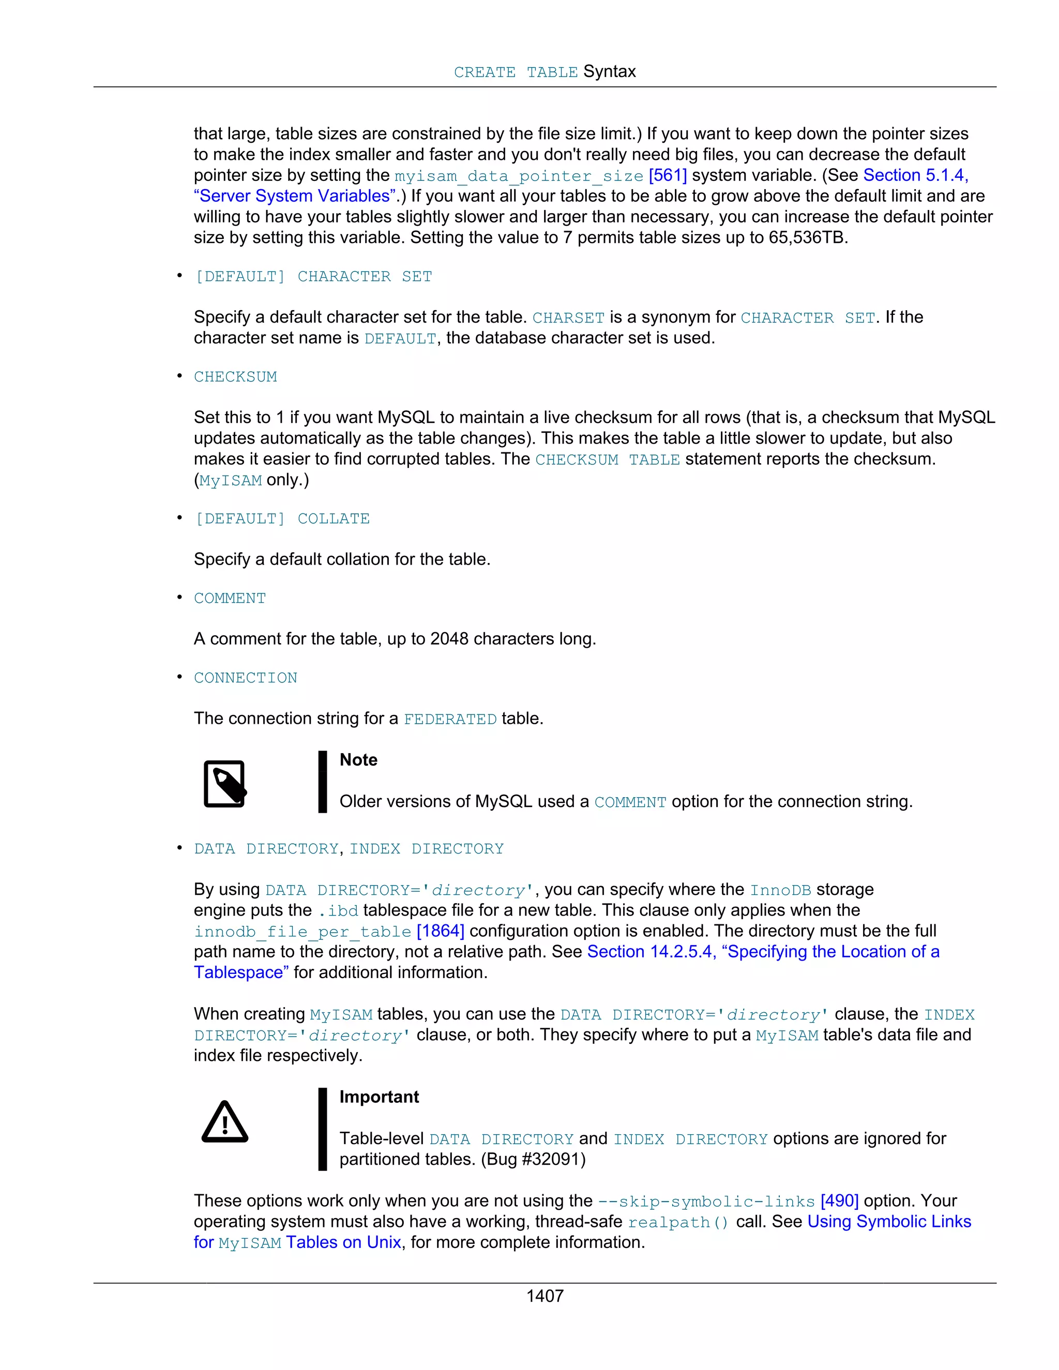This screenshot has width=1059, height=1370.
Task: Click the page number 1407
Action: coord(544,1296)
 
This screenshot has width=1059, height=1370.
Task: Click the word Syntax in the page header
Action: coord(609,71)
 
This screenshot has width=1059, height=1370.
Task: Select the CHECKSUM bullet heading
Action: coord(235,377)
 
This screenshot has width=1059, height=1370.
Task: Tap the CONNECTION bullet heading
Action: coord(245,678)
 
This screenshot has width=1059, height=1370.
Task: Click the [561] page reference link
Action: coord(668,176)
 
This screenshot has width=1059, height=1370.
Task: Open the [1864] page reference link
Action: coord(441,932)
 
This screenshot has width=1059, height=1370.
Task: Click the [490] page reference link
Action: coord(839,1201)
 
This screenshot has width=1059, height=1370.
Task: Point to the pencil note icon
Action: coord(224,784)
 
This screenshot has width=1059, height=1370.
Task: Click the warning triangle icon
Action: coord(224,1122)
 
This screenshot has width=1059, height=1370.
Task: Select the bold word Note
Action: coord(358,760)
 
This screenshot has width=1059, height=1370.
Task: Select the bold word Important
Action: coord(379,1097)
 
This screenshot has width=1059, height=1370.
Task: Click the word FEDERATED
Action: coord(450,720)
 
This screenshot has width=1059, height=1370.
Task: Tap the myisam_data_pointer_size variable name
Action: coord(518,176)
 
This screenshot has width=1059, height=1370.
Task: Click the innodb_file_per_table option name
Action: coord(302,932)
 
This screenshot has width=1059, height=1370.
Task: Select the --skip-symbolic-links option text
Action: coord(706,1202)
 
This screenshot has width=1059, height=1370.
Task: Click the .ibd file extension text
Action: coord(338,911)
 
